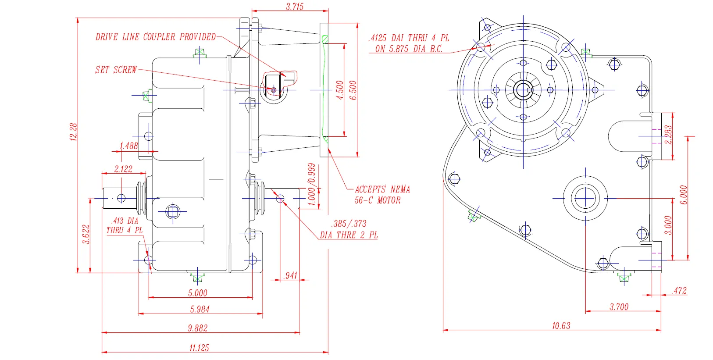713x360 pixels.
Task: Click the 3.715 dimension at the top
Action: [x=295, y=7]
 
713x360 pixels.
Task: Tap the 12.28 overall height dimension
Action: [x=74, y=132]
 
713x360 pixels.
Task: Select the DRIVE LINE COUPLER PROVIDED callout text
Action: [x=156, y=37]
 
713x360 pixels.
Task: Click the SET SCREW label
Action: [x=116, y=70]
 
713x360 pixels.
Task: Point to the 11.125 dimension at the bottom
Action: [x=199, y=348]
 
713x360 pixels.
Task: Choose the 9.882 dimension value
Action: [x=198, y=328]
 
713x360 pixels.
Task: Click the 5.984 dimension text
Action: [x=200, y=309]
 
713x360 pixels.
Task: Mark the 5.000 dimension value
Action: [x=198, y=293]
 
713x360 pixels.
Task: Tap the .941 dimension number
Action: [x=290, y=275]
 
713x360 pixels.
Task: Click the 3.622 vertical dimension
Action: [x=86, y=234]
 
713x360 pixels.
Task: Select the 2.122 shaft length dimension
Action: [x=123, y=169]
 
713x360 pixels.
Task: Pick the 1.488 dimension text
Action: [x=128, y=146]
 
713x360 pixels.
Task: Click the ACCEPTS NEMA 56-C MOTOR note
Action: [x=382, y=195]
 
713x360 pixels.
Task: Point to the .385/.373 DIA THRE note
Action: [x=349, y=229]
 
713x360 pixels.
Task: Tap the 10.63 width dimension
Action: [x=561, y=325]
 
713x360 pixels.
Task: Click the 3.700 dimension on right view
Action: [x=619, y=307]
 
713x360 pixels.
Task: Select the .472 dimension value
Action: [x=679, y=290]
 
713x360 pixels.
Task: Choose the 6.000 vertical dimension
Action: [x=684, y=195]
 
